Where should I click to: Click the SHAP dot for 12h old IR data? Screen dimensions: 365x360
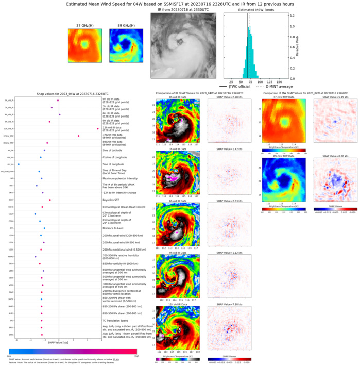click(x=97, y=128)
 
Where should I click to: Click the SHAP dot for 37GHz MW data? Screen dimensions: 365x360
click(x=78, y=136)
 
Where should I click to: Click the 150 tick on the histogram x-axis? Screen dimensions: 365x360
click(x=279, y=81)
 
